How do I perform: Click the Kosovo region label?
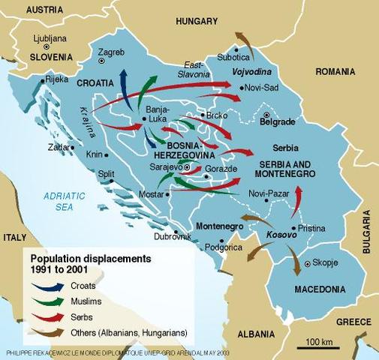[281, 235]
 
